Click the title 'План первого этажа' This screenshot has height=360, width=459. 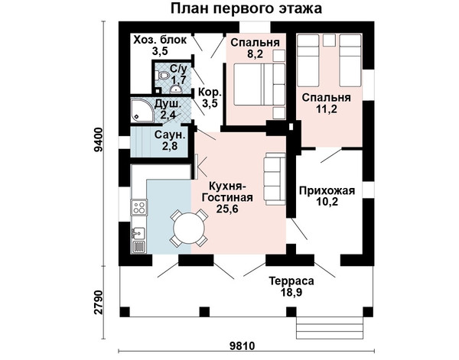click(x=246, y=8)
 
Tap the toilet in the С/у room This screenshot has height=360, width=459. click(x=163, y=76)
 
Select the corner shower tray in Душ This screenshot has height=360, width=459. click(x=142, y=111)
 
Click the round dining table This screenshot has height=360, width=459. click(x=189, y=228)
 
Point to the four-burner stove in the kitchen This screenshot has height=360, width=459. click(x=138, y=207)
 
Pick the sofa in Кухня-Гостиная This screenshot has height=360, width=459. click(x=275, y=179)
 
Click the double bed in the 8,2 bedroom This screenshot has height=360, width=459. click(x=259, y=84)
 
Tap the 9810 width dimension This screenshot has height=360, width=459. click(x=242, y=346)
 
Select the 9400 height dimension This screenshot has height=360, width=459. click(x=99, y=140)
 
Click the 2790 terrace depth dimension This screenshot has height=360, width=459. click(x=99, y=302)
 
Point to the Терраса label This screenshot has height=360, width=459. click(x=291, y=281)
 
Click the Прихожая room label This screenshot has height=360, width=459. click(x=327, y=190)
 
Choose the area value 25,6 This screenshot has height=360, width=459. click(x=227, y=209)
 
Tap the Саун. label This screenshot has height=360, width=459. click(x=170, y=135)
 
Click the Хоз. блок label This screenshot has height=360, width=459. click(x=160, y=40)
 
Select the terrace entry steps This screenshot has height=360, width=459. click(x=330, y=328)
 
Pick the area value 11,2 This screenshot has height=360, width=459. click(x=327, y=109)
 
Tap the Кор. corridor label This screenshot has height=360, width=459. click(x=210, y=92)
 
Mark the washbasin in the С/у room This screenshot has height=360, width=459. click(x=176, y=89)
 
